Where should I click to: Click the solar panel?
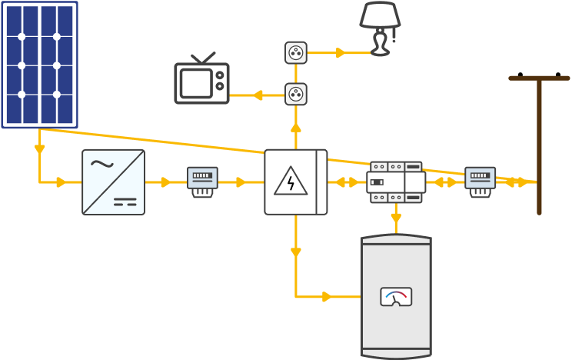click(x=39, y=64)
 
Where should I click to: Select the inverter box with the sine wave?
click(x=113, y=182)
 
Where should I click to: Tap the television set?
click(x=201, y=82)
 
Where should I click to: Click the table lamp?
click(x=380, y=31)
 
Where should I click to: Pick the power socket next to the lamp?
click(x=296, y=52)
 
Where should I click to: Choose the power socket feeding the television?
click(x=296, y=94)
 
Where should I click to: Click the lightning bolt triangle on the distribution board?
click(x=291, y=182)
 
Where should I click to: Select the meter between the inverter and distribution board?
click(x=202, y=182)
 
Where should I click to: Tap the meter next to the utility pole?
click(x=480, y=182)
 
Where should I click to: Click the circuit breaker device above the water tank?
click(x=396, y=182)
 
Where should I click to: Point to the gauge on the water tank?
click(x=396, y=297)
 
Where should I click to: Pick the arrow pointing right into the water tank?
click(x=328, y=296)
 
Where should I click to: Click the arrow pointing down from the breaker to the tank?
click(x=396, y=218)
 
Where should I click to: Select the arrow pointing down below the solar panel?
click(x=39, y=149)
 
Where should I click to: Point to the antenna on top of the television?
click(x=204, y=58)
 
